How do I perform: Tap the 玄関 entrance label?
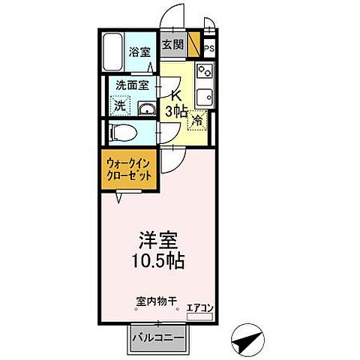tap(173, 44)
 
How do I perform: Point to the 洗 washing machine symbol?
tap(119, 106)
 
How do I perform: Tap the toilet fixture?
tap(122, 133)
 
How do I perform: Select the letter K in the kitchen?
tap(178, 96)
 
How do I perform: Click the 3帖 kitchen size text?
tap(177, 112)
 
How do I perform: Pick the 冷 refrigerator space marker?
tap(196, 119)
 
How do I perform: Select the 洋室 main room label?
tap(157, 243)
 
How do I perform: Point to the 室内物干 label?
tap(156, 301)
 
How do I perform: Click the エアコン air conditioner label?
tap(200, 307)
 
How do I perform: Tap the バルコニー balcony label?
tap(158, 337)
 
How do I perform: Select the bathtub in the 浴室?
tap(114, 52)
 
